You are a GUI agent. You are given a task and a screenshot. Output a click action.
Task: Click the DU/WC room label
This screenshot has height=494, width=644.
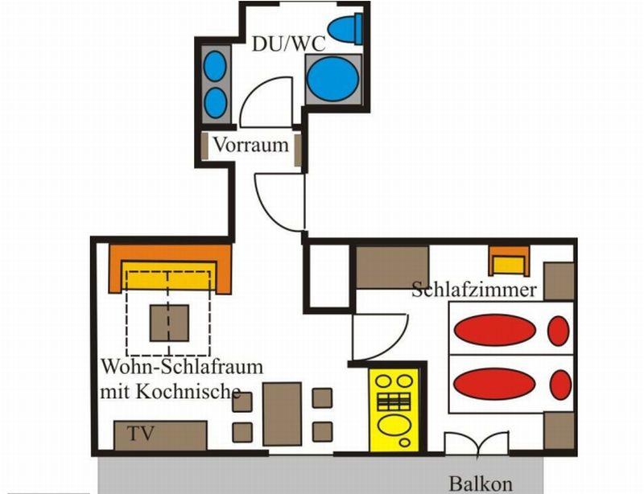point(288,44)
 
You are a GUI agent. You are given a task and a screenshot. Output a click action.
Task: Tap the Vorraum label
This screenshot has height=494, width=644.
point(251,145)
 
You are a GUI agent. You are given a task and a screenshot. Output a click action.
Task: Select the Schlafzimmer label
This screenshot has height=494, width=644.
point(474,290)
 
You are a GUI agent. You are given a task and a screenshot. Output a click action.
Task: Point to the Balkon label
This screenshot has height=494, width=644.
point(481,484)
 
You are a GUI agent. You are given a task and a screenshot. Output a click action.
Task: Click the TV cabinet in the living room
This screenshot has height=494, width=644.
point(160,435)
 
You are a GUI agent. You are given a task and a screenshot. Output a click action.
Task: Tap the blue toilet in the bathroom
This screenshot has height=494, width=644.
point(345,28)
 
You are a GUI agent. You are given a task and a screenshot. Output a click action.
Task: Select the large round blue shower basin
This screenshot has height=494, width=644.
point(332,79)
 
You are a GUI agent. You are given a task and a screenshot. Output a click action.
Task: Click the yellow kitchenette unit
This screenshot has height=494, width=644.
point(394,410)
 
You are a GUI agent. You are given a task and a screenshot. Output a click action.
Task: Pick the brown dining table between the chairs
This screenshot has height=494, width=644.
point(283,414)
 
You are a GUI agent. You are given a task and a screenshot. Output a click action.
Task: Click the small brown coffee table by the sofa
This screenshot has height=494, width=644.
point(169,323)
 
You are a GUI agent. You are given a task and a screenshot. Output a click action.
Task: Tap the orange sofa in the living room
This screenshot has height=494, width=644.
point(170,269)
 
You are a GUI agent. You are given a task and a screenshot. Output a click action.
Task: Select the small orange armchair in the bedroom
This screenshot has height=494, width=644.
point(509,261)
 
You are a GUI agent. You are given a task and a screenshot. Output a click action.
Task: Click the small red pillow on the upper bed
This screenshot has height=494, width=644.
point(559,331)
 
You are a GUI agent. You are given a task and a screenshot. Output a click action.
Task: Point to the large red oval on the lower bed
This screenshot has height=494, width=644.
point(494,384)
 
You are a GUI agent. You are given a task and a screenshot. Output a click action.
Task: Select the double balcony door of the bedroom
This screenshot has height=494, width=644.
point(477,443)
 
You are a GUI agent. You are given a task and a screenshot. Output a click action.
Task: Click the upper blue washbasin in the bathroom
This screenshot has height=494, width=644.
point(215,66)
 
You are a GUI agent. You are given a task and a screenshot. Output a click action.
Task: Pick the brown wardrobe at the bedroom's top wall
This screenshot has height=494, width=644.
point(392,267)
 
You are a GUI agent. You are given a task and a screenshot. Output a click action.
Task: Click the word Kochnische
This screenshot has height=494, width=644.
point(188,391)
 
